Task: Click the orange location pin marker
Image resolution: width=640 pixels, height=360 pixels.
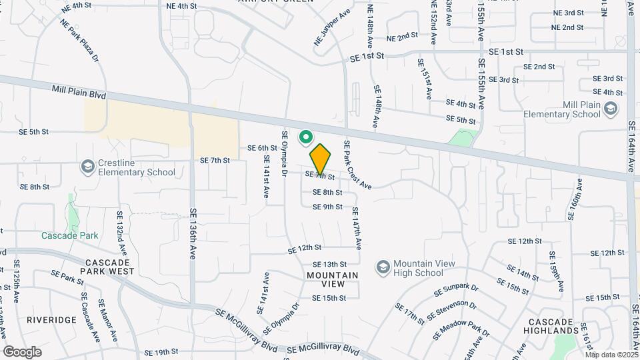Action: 321,159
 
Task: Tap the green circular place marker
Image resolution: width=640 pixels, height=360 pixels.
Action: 306,137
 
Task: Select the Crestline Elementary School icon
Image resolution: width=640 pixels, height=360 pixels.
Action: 87,165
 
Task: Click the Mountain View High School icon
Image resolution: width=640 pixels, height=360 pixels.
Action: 383,267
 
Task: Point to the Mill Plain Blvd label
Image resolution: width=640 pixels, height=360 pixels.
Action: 79,91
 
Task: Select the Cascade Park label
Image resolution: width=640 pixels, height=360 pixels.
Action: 69,235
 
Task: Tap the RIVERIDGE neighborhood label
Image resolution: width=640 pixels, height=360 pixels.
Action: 52,320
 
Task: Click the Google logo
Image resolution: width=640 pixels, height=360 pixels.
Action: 22,351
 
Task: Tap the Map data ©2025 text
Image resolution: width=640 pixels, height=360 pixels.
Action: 612,355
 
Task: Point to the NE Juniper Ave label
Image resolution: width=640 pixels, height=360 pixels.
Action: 332,27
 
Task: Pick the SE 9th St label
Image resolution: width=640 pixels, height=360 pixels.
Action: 327,207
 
